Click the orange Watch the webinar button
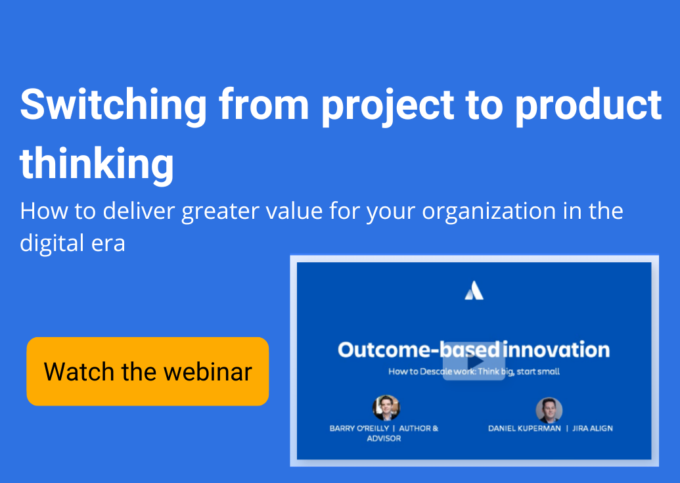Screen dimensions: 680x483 point(147,371)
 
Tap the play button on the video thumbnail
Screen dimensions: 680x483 point(474,361)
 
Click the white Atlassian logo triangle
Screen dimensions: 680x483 point(474,290)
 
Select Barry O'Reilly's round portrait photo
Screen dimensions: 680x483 point(386,408)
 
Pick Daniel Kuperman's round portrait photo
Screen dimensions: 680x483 point(549,410)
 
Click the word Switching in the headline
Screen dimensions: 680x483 point(114,106)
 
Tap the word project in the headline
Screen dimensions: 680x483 point(388,106)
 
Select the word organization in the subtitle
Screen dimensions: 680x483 point(489,212)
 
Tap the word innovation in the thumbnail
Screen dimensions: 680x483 point(556,350)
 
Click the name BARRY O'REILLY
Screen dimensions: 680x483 point(359,428)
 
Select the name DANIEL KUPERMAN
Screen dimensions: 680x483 point(524,428)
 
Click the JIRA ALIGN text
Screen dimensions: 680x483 point(593,428)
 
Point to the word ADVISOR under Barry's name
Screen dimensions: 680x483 point(384,438)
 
